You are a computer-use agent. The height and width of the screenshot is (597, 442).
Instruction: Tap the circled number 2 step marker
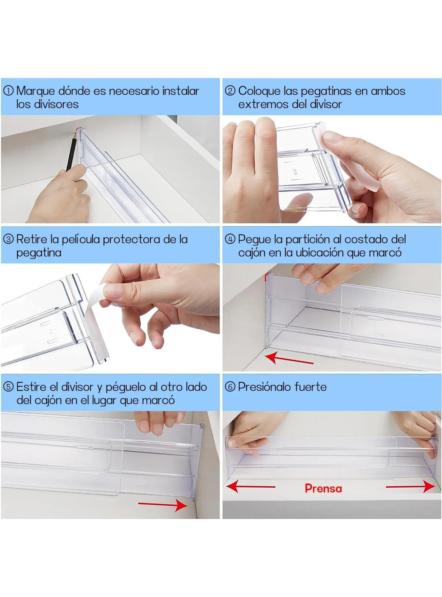click(x=230, y=91)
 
